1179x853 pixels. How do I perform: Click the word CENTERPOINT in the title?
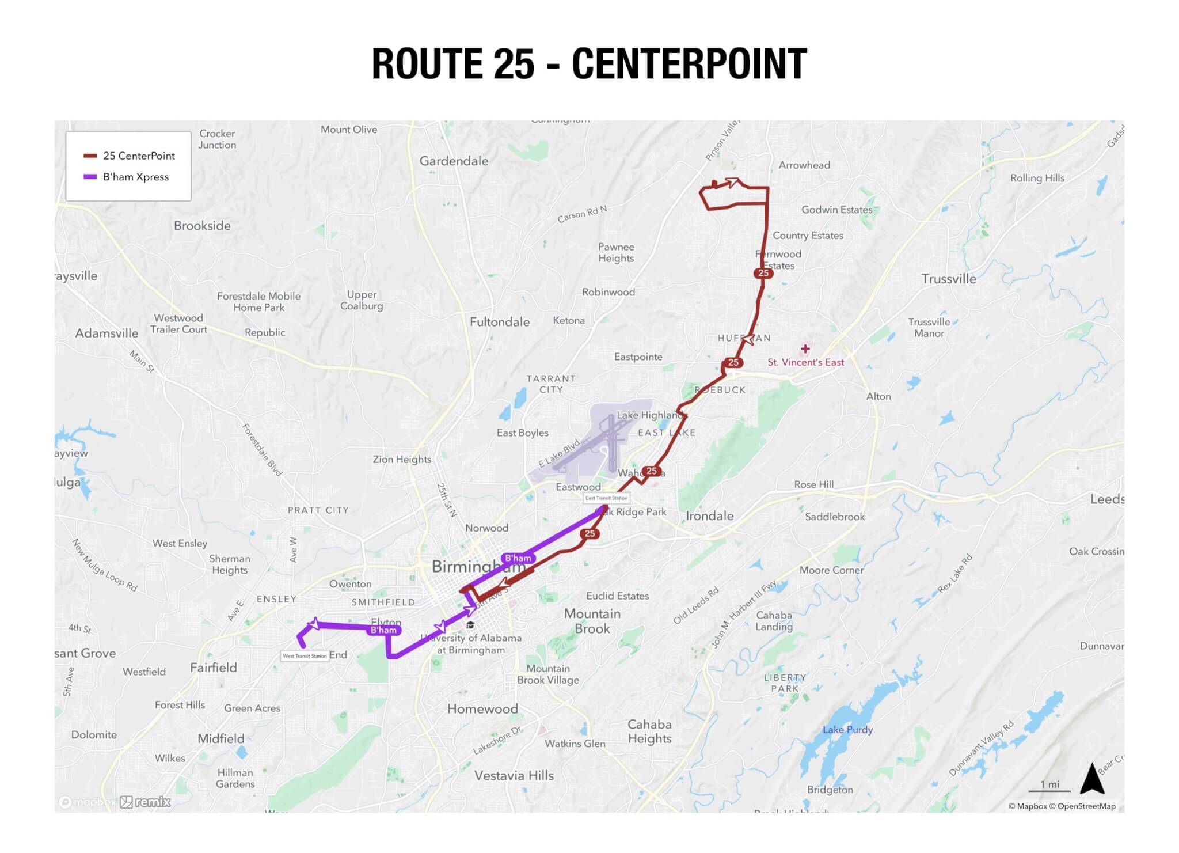click(x=689, y=64)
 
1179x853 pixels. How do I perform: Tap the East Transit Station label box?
click(x=606, y=498)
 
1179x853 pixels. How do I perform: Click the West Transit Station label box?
click(x=305, y=656)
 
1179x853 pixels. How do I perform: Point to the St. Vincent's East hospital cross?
click(x=805, y=349)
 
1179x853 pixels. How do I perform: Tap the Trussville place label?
click(x=949, y=279)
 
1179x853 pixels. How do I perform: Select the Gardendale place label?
click(x=454, y=161)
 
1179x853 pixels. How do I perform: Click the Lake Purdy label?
click(x=847, y=730)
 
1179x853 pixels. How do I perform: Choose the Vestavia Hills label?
click(x=514, y=776)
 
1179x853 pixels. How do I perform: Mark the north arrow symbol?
click(x=1092, y=779)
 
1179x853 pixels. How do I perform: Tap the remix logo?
click(x=146, y=802)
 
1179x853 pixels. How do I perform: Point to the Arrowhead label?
click(x=804, y=165)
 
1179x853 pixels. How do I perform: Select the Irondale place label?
click(x=709, y=516)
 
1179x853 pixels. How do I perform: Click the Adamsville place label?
click(x=107, y=333)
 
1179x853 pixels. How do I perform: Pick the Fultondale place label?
click(x=500, y=322)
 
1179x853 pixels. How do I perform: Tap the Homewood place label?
click(x=482, y=709)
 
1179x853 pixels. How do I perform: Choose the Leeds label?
click(x=1106, y=499)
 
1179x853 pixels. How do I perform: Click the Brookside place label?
click(x=202, y=226)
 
